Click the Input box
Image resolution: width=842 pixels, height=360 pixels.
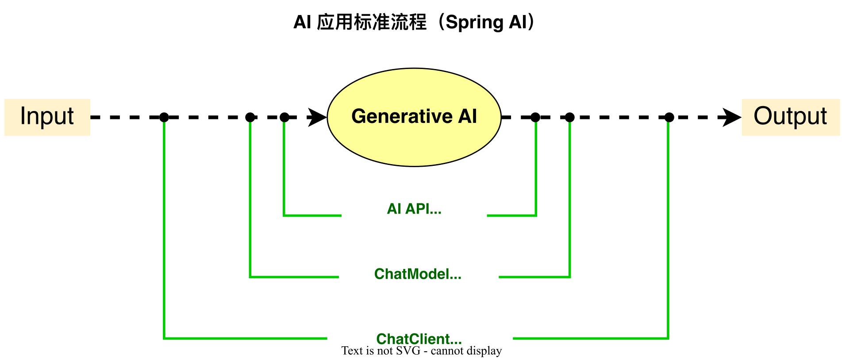tap(47, 117)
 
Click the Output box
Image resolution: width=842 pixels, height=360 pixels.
tap(791, 117)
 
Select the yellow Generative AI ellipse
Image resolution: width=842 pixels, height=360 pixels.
tap(414, 117)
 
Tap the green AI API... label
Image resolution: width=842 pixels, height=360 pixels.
tap(414, 209)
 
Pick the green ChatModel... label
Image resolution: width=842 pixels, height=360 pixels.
tap(418, 274)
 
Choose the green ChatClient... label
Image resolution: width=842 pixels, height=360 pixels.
tap(419, 339)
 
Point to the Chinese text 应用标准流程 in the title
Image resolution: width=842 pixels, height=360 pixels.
tap(372, 22)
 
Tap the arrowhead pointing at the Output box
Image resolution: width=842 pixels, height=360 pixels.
tap(732, 117)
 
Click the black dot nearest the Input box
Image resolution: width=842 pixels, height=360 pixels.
tap(164, 117)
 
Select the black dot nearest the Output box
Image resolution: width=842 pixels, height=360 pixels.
tap(669, 117)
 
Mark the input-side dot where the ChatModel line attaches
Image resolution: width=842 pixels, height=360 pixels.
tap(250, 117)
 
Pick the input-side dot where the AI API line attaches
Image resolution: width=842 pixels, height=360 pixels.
tap(285, 117)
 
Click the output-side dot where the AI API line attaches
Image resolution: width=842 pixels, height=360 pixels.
tap(535, 117)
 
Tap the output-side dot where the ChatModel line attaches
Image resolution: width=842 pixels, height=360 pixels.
tap(570, 117)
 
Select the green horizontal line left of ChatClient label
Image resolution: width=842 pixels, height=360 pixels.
tap(245, 338)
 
